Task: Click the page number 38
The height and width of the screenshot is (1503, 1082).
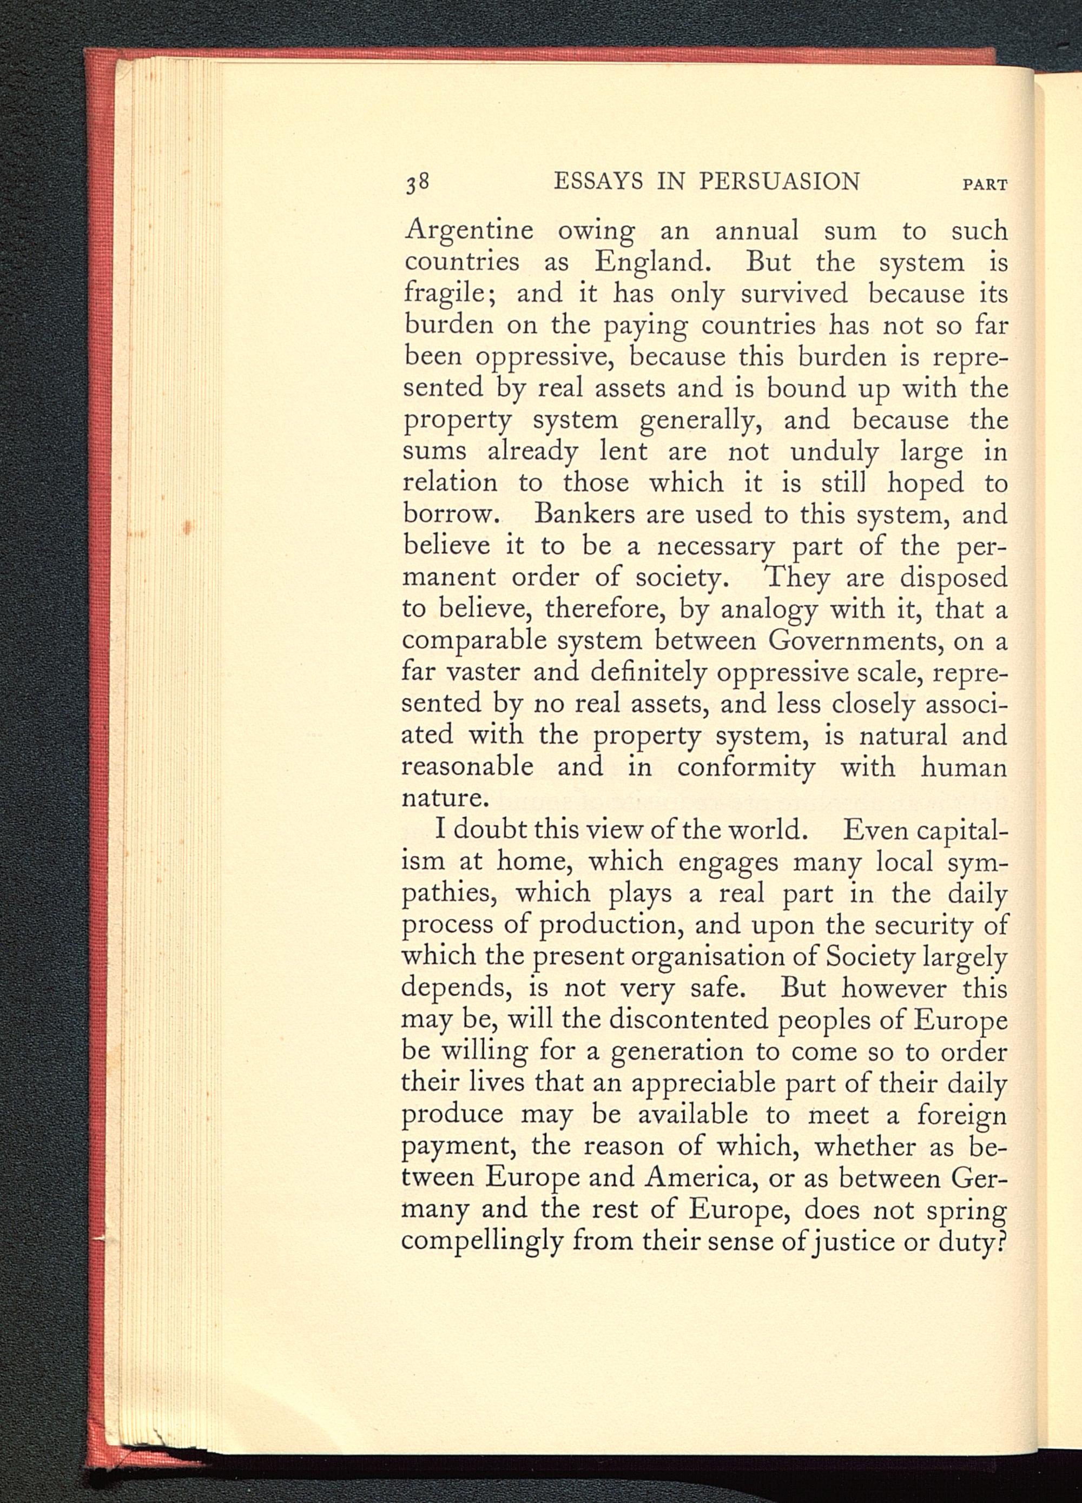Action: tap(420, 182)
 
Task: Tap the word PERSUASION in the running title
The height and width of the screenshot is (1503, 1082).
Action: tap(779, 181)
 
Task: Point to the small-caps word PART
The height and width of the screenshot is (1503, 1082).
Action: tap(985, 185)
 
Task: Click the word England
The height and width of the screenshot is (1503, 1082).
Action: tap(652, 263)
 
